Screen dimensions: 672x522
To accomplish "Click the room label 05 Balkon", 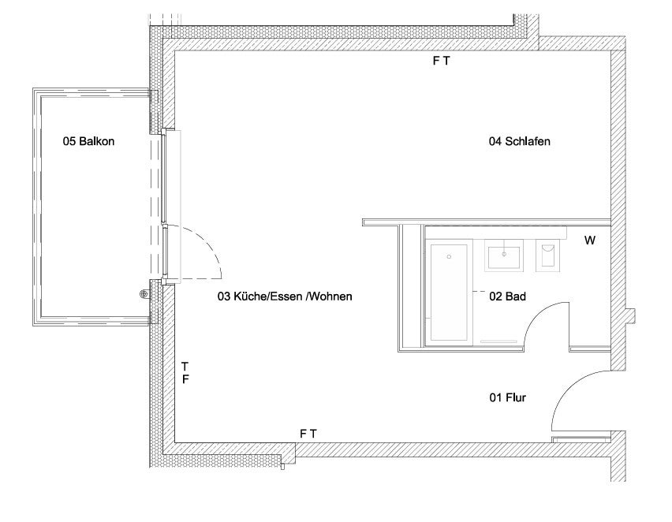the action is click(88, 141).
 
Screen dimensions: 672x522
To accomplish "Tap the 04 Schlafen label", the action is click(520, 141).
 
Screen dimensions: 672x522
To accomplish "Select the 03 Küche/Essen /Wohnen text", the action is click(285, 296).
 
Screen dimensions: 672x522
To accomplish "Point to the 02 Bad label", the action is click(507, 296).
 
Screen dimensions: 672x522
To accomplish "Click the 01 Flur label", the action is click(507, 397).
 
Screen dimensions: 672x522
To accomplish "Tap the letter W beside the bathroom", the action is click(590, 240).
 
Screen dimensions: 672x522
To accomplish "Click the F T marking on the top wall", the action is click(441, 61).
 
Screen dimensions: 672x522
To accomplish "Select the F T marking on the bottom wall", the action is click(308, 434).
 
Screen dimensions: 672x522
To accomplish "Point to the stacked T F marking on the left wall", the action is click(185, 373).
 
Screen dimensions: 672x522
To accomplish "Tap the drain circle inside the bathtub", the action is click(449, 257).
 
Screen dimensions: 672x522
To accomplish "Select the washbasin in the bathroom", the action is click(504, 255).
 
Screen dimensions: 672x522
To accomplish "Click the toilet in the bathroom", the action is click(547, 255).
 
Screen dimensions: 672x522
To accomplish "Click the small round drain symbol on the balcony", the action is click(144, 293).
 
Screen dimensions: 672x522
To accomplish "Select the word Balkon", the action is click(97, 141).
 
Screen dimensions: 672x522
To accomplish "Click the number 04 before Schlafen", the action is click(495, 141).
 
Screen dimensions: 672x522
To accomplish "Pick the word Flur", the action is click(516, 397).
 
